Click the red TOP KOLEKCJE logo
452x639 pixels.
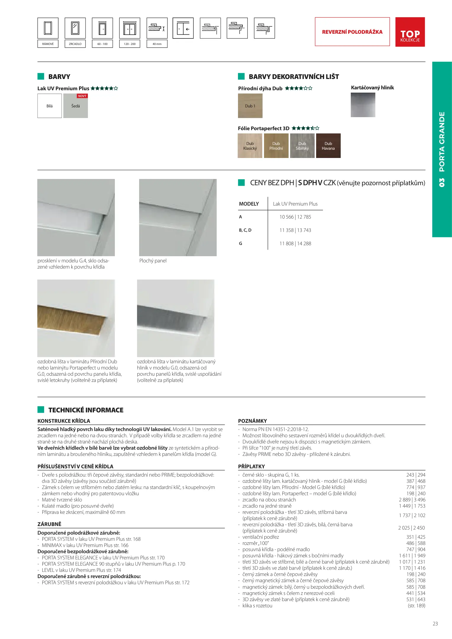coord(410,32)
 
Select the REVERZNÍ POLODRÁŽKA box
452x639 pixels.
coord(352,32)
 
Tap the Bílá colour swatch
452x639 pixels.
coord(49,106)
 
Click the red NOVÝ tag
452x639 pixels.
coord(82,96)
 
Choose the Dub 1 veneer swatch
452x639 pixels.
coord(250,106)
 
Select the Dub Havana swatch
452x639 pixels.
coord(328,146)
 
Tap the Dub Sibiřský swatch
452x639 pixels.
coord(302,146)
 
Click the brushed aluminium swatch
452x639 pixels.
coord(363,105)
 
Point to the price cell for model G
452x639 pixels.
coord(295,243)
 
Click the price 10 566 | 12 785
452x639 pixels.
coord(295,217)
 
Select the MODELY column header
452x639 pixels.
coord(249,204)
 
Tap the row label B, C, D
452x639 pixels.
coord(245,230)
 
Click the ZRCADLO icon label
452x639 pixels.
coord(75,44)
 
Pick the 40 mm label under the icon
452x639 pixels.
coord(157,44)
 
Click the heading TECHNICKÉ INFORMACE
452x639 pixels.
coord(86,410)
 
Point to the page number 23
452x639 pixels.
coord(435,624)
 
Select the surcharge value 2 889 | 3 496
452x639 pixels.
coord(412,500)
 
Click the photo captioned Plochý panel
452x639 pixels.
coord(178,217)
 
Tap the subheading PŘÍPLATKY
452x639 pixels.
coord(251,467)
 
